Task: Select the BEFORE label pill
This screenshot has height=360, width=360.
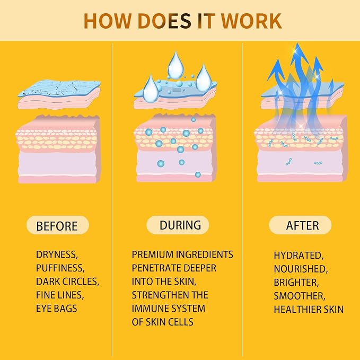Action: tap(58, 225)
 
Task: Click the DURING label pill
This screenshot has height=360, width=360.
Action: tap(178, 225)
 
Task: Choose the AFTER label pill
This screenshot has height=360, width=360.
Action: tap(300, 225)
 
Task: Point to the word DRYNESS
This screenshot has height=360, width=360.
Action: tap(57, 254)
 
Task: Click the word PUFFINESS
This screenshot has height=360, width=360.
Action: tap(60, 268)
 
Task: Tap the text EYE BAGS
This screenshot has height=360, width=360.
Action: tap(57, 309)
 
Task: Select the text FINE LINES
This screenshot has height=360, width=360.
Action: tap(60, 295)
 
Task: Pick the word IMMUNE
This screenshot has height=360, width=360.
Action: tap(151, 309)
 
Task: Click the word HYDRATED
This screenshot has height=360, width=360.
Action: tap(298, 256)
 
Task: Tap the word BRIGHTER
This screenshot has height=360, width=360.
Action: tap(296, 283)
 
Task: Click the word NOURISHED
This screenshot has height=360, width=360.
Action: tap(301, 269)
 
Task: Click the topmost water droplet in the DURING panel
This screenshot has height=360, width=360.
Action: tap(176, 65)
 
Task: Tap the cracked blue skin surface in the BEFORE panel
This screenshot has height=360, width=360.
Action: tap(59, 88)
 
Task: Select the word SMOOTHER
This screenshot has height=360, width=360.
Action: tap(300, 296)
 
